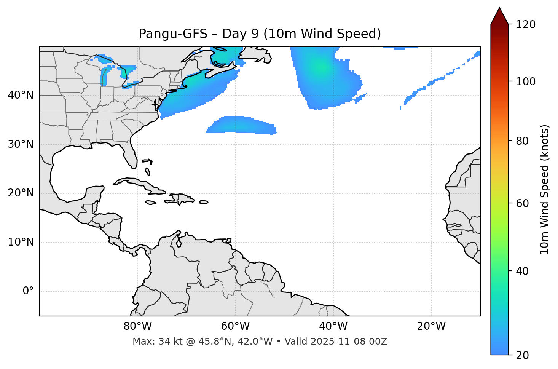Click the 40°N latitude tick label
point(21,95)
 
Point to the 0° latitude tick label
point(28,291)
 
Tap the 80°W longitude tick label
point(137,326)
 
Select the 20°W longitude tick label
point(431,326)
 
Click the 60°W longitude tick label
point(235,326)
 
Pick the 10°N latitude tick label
point(21,242)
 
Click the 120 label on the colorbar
point(526,25)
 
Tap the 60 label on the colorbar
point(523,203)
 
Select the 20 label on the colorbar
point(523,355)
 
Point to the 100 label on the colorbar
point(526,81)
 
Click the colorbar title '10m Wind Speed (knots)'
point(545,189)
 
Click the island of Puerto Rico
point(204,202)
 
